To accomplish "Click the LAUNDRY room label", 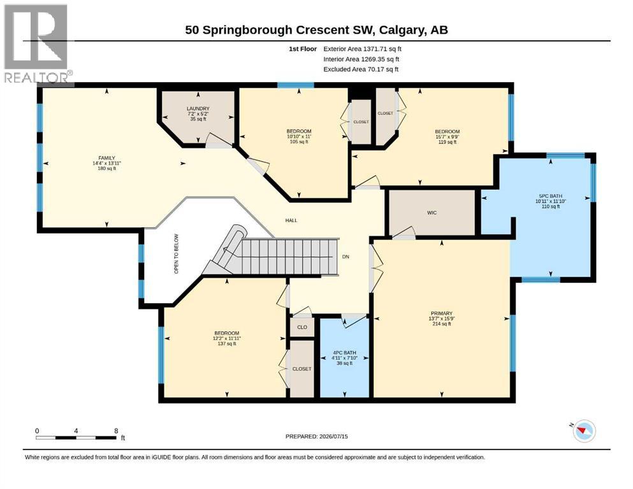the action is (198, 108).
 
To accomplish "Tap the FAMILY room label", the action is (106, 158).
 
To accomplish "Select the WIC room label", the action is (432, 213).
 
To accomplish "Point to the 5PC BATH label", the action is (551, 196).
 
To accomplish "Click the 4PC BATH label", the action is (344, 353).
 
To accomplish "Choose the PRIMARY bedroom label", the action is (441, 313).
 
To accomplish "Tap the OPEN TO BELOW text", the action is (176, 254).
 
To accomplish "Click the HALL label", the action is (291, 220).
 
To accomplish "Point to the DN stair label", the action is (346, 257).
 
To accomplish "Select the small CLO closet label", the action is (302, 327).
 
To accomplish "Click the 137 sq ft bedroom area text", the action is (226, 343).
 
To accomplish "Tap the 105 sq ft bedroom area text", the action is (299, 141).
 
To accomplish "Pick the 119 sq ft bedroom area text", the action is (447, 142).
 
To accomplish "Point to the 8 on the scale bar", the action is (116, 431).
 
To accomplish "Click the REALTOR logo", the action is (37, 43).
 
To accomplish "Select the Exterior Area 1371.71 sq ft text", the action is (362, 49).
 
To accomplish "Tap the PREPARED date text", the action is (316, 436).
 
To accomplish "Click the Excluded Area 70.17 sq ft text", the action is (361, 69).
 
